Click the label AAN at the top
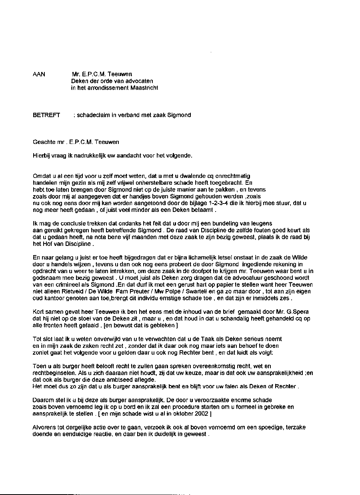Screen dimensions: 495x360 click(x=39, y=74)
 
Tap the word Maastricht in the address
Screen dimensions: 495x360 click(x=144, y=88)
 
